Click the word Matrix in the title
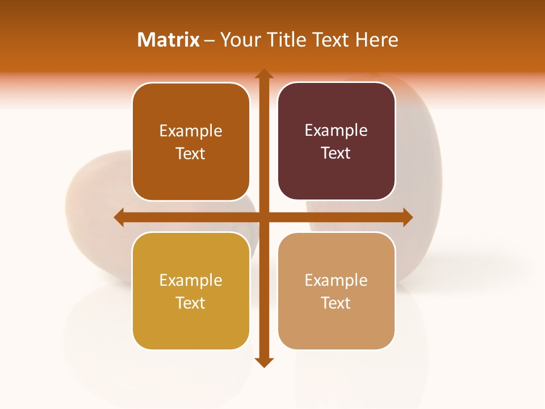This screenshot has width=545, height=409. click(x=169, y=40)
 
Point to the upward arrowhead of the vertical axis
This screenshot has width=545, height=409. click(x=263, y=74)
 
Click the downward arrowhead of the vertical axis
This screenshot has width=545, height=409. click(x=263, y=362)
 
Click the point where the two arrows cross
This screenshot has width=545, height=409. click(x=263, y=217)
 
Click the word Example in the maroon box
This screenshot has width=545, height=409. click(x=336, y=131)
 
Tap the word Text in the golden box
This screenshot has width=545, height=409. click(x=191, y=303)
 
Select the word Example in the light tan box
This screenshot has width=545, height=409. click(x=336, y=280)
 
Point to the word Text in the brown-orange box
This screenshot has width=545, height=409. click(x=191, y=153)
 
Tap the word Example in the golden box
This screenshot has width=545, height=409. click(x=191, y=280)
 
